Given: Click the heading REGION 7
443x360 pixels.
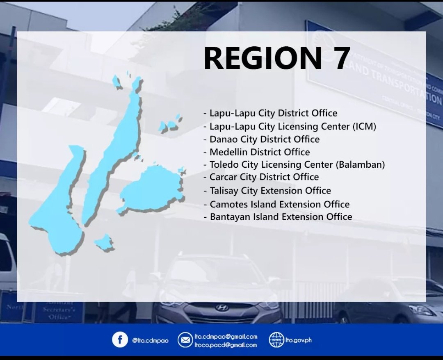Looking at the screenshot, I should click(277, 58).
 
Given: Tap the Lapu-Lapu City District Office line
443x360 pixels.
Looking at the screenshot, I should click(273, 113).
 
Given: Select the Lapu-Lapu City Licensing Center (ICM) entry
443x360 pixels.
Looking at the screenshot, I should click(292, 126).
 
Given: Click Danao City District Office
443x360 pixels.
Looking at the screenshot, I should click(264, 139).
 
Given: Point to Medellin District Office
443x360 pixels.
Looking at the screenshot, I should click(259, 152).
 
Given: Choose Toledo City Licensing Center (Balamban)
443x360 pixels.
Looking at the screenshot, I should click(297, 165).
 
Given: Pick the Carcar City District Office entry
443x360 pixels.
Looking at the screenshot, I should click(264, 177).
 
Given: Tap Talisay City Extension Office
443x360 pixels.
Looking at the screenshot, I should click(270, 191).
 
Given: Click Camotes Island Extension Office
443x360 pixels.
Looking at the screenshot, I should click(279, 204).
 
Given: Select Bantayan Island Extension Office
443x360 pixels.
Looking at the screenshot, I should click(281, 217).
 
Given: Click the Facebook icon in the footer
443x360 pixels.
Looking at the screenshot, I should click(120, 340).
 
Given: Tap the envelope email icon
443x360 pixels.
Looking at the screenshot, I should click(185, 340).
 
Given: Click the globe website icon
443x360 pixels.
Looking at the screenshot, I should click(276, 340).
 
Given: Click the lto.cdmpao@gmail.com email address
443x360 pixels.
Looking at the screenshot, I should click(226, 336).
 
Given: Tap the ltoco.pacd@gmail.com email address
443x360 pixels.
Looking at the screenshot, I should click(225, 345).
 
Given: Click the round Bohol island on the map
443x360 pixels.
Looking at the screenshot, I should click(151, 190).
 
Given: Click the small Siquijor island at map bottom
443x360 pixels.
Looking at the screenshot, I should click(104, 243).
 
